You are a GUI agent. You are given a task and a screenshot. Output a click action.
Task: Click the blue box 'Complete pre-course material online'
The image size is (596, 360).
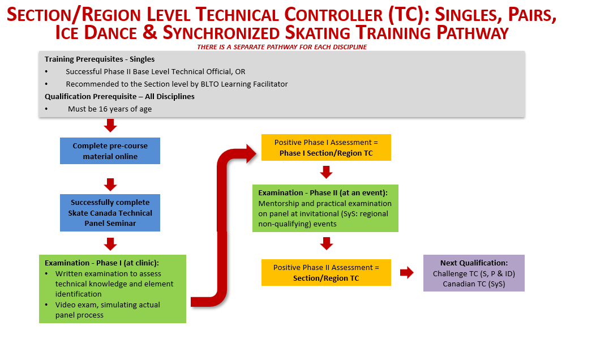[x=110, y=151]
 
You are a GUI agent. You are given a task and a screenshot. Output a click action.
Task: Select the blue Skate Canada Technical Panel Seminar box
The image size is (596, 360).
[x=110, y=213]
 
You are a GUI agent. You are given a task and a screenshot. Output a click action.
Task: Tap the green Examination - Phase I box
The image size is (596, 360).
[x=113, y=289]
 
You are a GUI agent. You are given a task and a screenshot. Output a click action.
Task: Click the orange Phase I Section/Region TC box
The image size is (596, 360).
[x=326, y=148]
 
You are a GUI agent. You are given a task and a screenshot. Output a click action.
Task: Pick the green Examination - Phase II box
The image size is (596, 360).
[x=325, y=208]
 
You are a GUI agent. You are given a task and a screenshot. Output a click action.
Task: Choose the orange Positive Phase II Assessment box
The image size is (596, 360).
[x=326, y=273]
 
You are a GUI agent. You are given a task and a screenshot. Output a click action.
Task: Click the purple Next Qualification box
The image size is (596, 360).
[x=474, y=273]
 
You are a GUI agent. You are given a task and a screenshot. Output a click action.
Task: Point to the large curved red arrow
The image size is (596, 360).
[x=222, y=228]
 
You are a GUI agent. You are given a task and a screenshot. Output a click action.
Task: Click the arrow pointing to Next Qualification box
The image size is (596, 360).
[x=407, y=273]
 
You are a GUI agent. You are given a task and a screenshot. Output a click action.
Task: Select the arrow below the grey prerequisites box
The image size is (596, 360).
[x=110, y=126]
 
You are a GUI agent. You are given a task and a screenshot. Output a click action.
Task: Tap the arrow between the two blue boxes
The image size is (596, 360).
[x=110, y=185]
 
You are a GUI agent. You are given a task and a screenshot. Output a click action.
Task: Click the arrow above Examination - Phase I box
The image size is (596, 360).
[x=110, y=244]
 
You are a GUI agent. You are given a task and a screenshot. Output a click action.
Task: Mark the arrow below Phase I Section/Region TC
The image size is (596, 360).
[x=326, y=172]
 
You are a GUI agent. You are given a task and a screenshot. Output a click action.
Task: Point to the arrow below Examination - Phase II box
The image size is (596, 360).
[x=327, y=243]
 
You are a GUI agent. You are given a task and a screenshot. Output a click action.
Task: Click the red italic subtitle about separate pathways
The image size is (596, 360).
[x=282, y=47]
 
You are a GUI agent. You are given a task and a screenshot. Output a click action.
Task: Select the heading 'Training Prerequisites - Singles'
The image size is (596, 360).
[x=100, y=59]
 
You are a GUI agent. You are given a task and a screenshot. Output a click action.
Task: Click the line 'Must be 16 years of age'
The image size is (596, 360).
[x=110, y=109]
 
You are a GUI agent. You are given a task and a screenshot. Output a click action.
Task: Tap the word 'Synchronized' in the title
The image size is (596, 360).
[x=222, y=33]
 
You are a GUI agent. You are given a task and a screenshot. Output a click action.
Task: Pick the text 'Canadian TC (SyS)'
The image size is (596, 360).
[x=474, y=284]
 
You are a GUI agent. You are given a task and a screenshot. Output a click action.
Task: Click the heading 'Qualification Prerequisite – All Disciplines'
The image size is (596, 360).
[x=120, y=97]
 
